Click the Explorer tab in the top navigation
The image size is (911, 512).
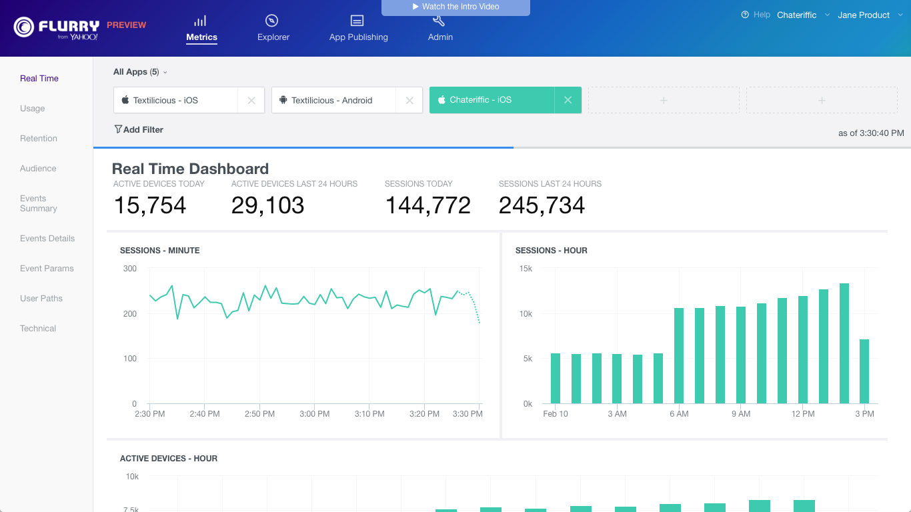(x=273, y=29)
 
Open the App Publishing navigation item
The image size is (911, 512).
(x=358, y=29)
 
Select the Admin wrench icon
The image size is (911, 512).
(x=438, y=21)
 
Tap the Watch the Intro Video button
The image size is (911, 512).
(x=455, y=7)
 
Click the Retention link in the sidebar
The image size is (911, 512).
(x=39, y=138)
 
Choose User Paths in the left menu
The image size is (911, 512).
(x=41, y=299)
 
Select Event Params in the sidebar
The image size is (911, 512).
(x=47, y=269)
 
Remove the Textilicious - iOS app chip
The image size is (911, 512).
(x=251, y=101)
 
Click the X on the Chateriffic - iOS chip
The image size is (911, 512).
(x=568, y=100)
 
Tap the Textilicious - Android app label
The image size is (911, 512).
(x=332, y=101)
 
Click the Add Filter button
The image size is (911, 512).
(x=139, y=130)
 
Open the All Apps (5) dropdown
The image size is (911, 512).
(x=140, y=72)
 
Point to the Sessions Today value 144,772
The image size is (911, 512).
(x=428, y=205)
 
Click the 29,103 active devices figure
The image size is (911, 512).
(x=267, y=205)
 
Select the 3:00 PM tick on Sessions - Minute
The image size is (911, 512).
(x=314, y=413)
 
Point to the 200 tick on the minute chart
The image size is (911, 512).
(x=130, y=313)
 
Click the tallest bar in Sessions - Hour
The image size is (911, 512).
(x=844, y=343)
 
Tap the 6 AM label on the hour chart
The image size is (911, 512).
(x=679, y=413)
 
